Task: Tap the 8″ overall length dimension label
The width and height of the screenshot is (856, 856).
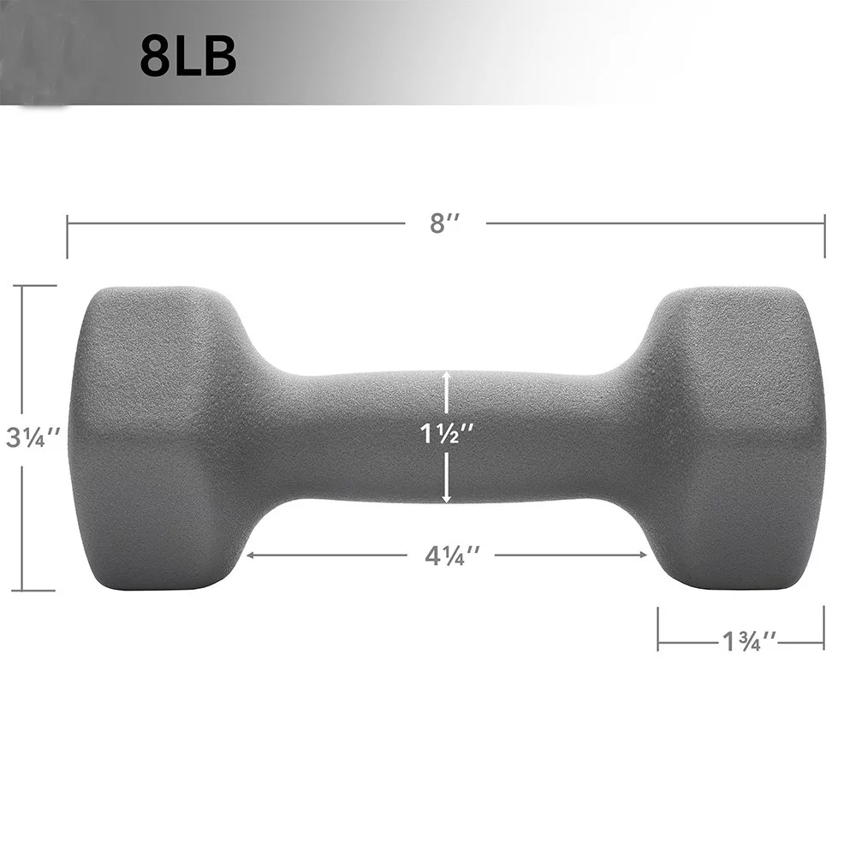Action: (x=445, y=224)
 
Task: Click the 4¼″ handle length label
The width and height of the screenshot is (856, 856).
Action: (x=451, y=555)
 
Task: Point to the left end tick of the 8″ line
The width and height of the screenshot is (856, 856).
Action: (x=68, y=237)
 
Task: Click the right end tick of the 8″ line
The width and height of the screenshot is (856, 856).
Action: (x=824, y=236)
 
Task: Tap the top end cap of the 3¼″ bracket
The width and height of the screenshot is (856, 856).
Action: (x=34, y=286)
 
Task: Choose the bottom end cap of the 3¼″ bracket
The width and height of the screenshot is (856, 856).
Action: (x=34, y=590)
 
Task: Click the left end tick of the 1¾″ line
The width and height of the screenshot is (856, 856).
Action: (x=658, y=627)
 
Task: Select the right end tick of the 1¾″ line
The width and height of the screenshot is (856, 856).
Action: (x=823, y=627)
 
